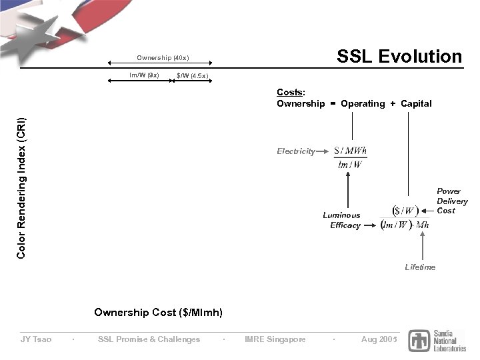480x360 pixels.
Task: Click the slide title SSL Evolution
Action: [x=399, y=57]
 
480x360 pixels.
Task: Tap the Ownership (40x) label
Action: [x=163, y=57]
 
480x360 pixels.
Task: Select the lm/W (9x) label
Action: [x=144, y=75]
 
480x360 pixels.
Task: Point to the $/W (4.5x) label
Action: [x=192, y=76]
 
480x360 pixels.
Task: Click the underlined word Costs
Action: [x=290, y=93]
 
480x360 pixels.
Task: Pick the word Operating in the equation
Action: [x=363, y=103]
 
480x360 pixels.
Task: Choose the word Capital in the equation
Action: [x=416, y=103]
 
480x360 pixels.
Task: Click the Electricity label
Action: [x=296, y=151]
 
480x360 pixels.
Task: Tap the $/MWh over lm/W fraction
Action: [x=351, y=157]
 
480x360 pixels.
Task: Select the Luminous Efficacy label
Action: [x=342, y=220]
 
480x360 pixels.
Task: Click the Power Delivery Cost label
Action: [x=452, y=201]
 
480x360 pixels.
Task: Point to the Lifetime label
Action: [x=420, y=267]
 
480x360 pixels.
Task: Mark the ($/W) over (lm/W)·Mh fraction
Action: [x=405, y=218]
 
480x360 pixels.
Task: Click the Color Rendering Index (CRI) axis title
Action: [x=21, y=188]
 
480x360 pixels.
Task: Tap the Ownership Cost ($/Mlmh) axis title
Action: [x=159, y=312]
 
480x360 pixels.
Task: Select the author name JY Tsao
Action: [x=36, y=339]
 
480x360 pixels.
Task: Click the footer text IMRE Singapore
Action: [x=275, y=339]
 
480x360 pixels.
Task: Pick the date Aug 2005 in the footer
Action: [x=379, y=339]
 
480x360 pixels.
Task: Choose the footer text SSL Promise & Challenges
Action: [x=149, y=339]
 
